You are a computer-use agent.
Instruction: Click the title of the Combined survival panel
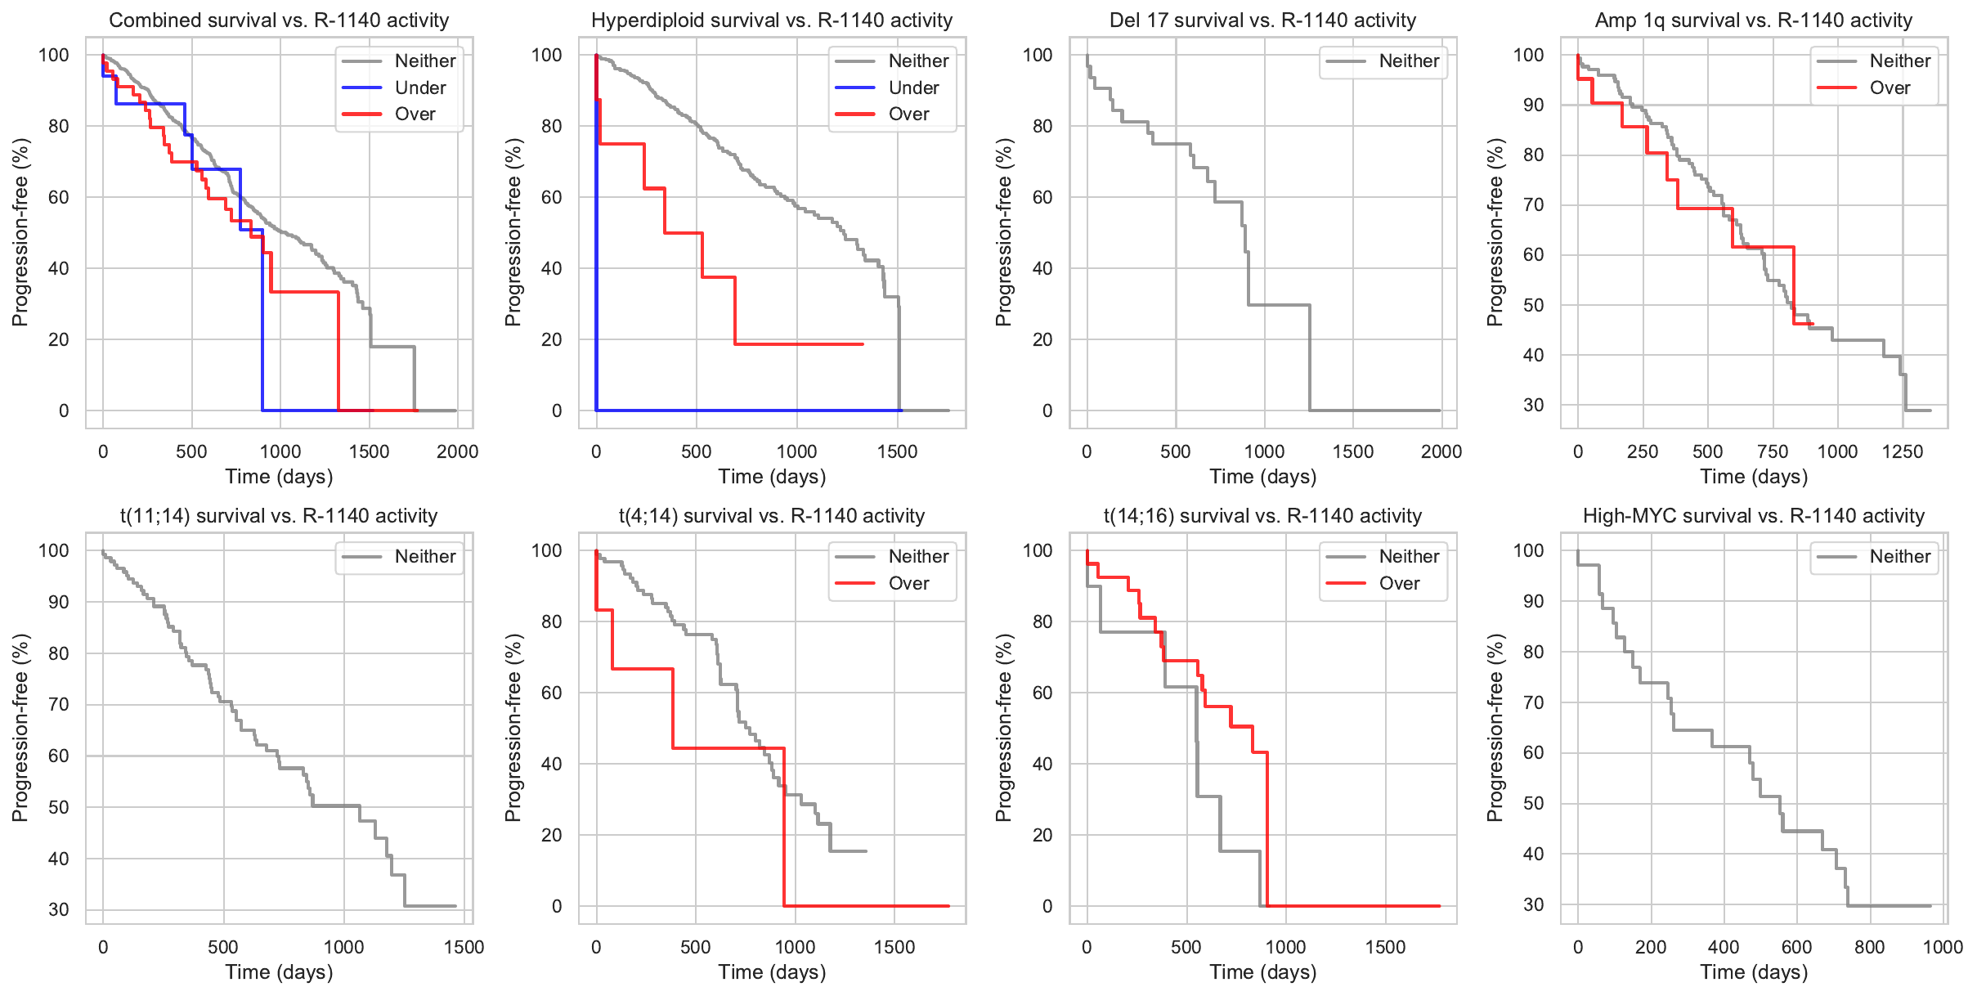pos(279,20)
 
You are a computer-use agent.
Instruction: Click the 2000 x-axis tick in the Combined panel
pos(457,451)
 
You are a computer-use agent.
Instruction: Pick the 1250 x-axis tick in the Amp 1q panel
pos(1903,451)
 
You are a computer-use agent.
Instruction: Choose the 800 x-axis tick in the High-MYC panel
pos(1869,947)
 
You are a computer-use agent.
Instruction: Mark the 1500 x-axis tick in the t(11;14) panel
pos(464,947)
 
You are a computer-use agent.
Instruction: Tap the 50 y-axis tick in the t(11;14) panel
pos(59,807)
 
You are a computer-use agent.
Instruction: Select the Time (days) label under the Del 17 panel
pos(1262,477)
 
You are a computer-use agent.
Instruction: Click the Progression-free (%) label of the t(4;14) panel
pos(513,727)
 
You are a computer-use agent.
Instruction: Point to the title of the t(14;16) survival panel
pos(1262,516)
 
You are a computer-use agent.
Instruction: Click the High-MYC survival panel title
pos(1754,516)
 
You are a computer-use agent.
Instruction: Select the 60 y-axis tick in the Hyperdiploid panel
pos(552,197)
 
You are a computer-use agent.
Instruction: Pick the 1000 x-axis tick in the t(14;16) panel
pos(1285,947)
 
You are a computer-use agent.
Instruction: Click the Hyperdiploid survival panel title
pos(772,20)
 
